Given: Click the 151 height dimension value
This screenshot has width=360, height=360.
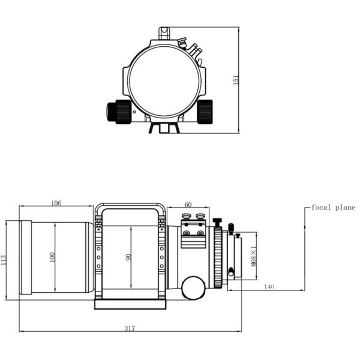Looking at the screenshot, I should click(x=236, y=79).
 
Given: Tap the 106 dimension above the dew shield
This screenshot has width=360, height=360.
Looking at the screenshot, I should click(x=56, y=203).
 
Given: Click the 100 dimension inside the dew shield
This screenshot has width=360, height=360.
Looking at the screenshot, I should click(x=53, y=257).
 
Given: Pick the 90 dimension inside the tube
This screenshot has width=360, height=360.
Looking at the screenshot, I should click(x=128, y=257).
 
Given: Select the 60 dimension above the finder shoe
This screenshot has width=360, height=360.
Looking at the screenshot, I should click(x=188, y=204).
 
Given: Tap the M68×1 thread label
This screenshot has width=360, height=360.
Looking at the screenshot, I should click(x=254, y=257).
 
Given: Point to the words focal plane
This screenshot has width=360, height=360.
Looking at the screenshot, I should click(x=333, y=208).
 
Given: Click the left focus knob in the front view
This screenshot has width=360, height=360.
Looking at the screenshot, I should click(x=118, y=111).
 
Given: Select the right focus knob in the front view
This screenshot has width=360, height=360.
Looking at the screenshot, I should click(x=206, y=111).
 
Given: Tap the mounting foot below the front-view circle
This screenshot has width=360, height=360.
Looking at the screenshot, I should click(x=164, y=128).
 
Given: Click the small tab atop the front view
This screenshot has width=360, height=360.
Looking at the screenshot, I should click(x=164, y=31).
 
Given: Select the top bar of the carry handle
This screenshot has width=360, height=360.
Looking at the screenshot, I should click(x=128, y=206).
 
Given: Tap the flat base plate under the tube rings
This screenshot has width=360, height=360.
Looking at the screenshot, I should click(x=130, y=305).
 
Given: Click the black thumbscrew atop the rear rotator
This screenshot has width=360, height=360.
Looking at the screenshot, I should click(x=217, y=223).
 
